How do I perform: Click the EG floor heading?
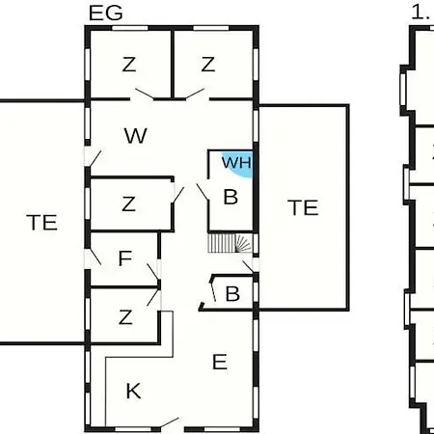click(x=106, y=14)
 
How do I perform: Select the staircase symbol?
click(x=230, y=243)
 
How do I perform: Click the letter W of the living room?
click(x=135, y=136)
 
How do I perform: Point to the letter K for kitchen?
click(x=133, y=391)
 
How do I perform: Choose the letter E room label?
click(x=220, y=362)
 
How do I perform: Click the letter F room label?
click(x=125, y=258)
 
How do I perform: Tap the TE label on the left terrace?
click(x=41, y=223)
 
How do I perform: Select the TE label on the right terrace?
click(x=303, y=207)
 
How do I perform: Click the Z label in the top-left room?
click(x=129, y=65)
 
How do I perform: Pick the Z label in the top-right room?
click(x=208, y=65)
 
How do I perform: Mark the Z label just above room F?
click(x=128, y=203)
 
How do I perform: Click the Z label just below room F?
click(x=125, y=317)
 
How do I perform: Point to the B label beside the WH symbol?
click(x=231, y=197)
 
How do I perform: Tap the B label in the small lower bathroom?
click(x=232, y=293)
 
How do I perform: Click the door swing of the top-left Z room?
click(x=145, y=94)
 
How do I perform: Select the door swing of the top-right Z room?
click(x=195, y=94)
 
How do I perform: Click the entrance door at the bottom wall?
click(x=170, y=423)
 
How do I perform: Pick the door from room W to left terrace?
click(x=95, y=158)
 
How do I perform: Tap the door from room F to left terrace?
click(x=95, y=257)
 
